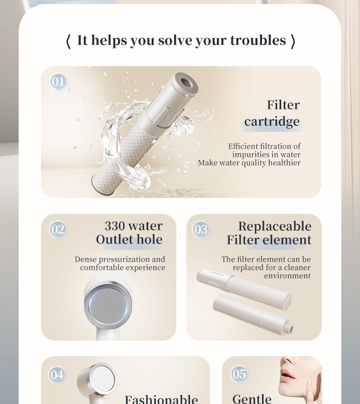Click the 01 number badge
(58, 82)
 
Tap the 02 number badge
(58, 229)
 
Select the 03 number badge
(201, 229)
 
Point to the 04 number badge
(57, 375)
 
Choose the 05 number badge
(239, 374)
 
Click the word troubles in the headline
(258, 41)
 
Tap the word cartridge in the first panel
(272, 122)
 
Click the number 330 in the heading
(116, 226)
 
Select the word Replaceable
(275, 227)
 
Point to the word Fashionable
(161, 399)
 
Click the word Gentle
(252, 399)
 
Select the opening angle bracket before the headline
(68, 41)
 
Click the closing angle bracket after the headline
(293, 41)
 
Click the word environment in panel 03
(287, 276)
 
